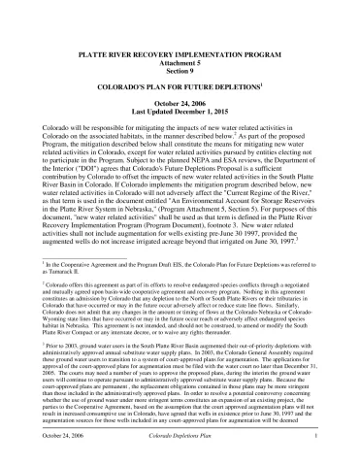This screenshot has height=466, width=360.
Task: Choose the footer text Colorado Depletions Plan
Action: pyautogui.click(x=181, y=454)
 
